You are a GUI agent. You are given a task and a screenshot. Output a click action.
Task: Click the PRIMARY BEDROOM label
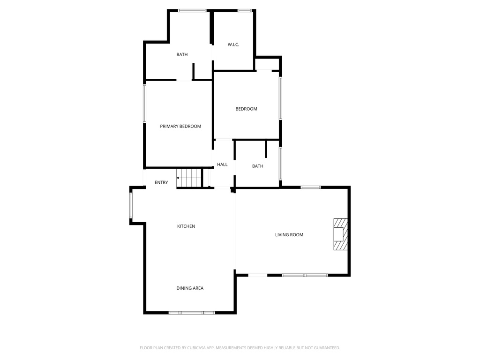pos(180,126)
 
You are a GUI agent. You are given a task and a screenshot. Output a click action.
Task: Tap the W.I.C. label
pos(233,45)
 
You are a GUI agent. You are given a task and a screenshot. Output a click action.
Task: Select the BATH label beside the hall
pos(257,166)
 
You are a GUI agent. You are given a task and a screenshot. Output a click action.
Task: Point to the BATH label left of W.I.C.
pos(182,54)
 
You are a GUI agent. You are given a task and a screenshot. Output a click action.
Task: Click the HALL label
pos(222,165)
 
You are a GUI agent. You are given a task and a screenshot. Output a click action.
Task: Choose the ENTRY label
pos(161,182)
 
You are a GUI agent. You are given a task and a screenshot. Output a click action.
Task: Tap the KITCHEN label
pos(186,226)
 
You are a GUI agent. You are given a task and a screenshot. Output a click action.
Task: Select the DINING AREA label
pos(190,288)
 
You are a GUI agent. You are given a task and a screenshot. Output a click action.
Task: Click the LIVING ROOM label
pos(289,234)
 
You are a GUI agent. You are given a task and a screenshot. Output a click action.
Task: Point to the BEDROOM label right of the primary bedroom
pos(246,109)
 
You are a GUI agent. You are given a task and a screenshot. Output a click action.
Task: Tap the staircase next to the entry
pos(189,178)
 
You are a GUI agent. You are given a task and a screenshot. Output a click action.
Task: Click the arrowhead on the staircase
pos(178,178)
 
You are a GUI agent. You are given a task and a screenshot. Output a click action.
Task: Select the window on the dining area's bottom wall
pos(191,312)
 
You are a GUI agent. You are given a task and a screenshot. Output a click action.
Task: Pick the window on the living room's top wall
pos(310,187)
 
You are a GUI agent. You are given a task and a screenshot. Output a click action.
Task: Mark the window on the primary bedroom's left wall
pos(145,103)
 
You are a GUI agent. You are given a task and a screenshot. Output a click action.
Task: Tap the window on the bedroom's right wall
pos(280,98)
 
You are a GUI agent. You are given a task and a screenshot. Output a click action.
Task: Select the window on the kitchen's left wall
pos(131,206)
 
